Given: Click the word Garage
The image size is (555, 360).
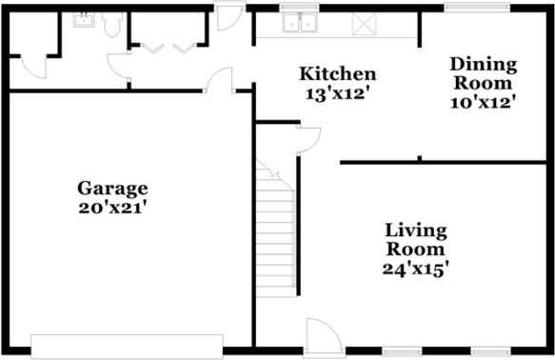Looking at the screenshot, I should pyautogui.click(x=112, y=188).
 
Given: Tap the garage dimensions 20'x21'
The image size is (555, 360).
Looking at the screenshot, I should pyautogui.click(x=112, y=205).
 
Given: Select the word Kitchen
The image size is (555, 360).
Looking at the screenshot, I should pyautogui.click(x=337, y=74).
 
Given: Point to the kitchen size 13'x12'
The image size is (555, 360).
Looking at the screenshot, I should pyautogui.click(x=337, y=93).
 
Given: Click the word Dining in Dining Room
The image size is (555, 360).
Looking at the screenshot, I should pyautogui.click(x=483, y=65).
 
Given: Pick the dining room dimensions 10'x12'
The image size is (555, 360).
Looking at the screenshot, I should pyautogui.click(x=483, y=101).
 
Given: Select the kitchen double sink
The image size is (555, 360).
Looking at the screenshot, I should pyautogui.click(x=303, y=23).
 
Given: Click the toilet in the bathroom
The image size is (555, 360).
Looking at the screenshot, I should pyautogui.click(x=112, y=26).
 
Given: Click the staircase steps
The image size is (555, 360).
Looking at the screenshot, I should pyautogui.click(x=276, y=229).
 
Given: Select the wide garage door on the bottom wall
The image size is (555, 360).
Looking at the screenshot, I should pyautogui.click(x=127, y=346).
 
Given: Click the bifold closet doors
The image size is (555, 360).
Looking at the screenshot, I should pyautogui.click(x=168, y=47).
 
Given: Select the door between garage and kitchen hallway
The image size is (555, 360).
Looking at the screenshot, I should pyautogui.click(x=221, y=80).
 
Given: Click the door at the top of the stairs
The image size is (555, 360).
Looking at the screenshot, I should pyautogui.click(x=308, y=139).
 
